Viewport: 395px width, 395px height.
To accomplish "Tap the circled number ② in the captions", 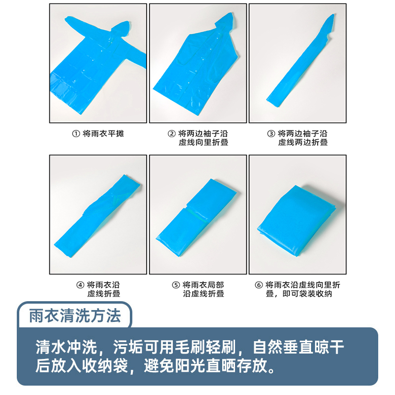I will [x=172, y=134].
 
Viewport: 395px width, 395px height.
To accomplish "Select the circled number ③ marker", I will [x=271, y=134].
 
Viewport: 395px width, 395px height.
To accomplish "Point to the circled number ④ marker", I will [x=80, y=285].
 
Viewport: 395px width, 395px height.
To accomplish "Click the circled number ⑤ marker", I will [x=176, y=285].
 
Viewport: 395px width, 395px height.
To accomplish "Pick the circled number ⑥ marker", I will [x=259, y=285].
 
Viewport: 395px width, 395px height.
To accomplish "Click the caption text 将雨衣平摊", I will [x=103, y=134].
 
